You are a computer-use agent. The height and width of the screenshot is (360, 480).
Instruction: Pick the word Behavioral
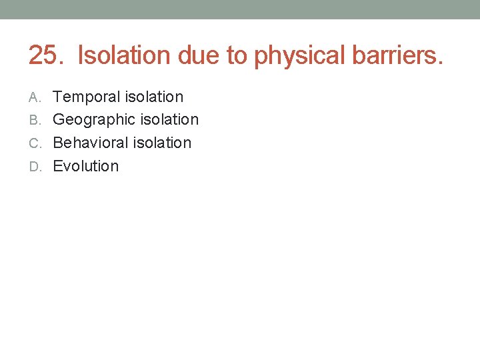pyautogui.click(x=90, y=143)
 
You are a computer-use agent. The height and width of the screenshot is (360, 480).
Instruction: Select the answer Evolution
pyautogui.click(x=85, y=166)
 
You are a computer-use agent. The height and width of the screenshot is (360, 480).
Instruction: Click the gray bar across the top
pyautogui.click(x=240, y=9)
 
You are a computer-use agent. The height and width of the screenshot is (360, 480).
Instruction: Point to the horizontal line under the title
pyautogui.click(x=240, y=74)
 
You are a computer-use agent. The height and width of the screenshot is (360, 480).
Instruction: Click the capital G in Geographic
pyautogui.click(x=59, y=120)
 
